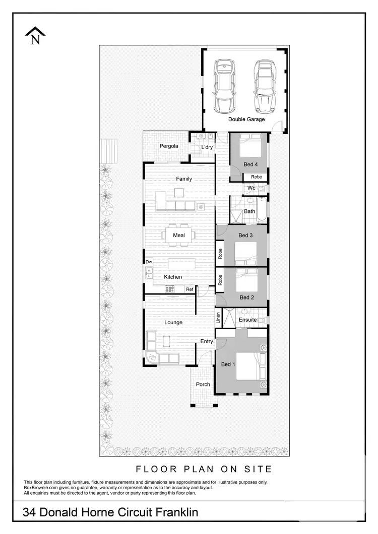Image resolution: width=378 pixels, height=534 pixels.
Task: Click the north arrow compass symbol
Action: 35,36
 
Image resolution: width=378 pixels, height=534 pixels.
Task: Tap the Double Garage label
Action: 246,119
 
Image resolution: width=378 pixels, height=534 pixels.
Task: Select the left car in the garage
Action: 224,86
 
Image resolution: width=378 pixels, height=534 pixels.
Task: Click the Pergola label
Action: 169,146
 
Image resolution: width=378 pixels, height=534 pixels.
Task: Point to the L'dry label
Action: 207,147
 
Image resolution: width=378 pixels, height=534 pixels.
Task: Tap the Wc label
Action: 251,188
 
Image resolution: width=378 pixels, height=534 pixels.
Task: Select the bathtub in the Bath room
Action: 262,209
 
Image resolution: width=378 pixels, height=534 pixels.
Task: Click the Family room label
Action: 183,179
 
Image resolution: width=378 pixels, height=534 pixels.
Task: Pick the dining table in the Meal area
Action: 179,235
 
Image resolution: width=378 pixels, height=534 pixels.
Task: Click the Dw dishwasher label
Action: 149,262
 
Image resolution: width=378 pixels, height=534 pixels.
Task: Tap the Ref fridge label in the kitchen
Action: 190,289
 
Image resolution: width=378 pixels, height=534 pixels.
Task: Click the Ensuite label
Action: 247,320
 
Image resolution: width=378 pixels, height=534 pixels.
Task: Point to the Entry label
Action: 207,342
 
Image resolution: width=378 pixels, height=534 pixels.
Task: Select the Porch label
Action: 203,385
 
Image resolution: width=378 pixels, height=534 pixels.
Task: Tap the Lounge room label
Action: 173,322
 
